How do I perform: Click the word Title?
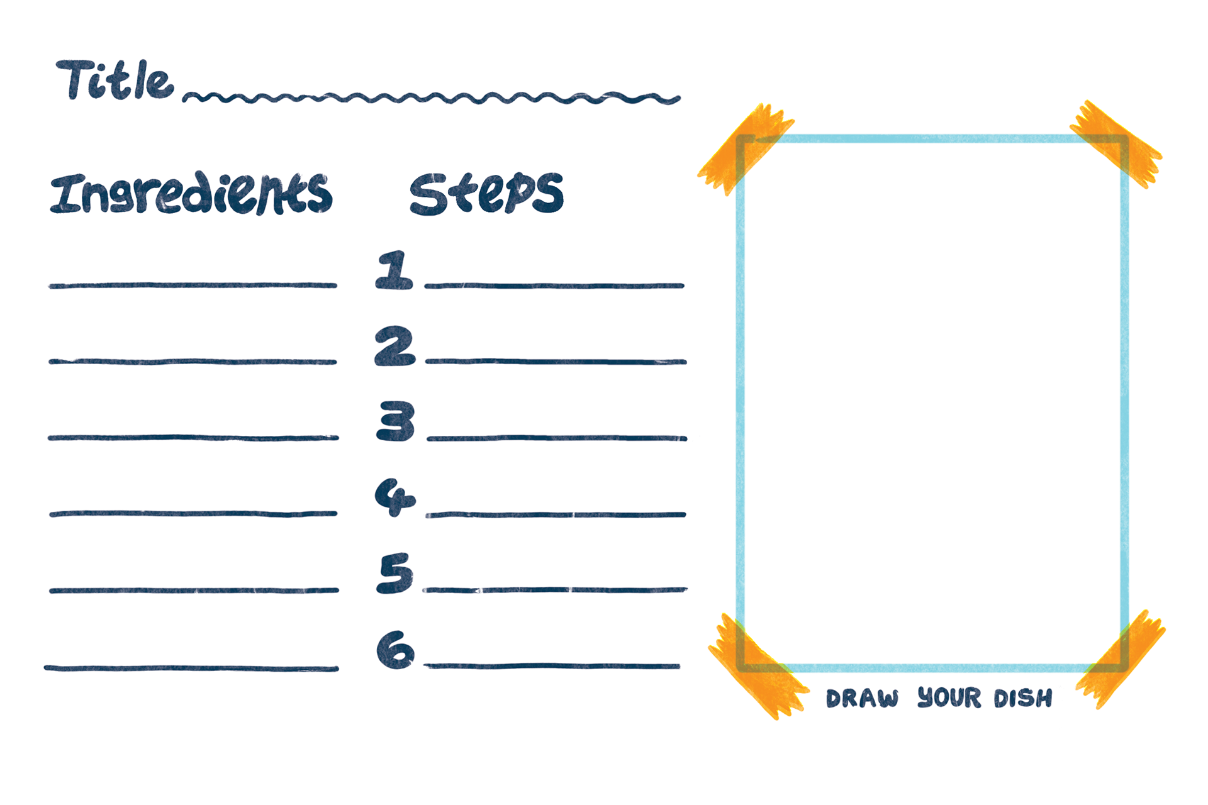(x=115, y=80)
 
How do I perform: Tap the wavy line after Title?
(x=432, y=98)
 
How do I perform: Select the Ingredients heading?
(x=191, y=193)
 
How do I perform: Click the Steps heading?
(x=486, y=194)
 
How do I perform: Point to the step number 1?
(x=394, y=270)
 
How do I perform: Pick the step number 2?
(x=394, y=346)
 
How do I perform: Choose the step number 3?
(x=396, y=421)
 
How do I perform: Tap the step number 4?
(x=394, y=497)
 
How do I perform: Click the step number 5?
(x=395, y=573)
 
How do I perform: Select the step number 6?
(x=395, y=650)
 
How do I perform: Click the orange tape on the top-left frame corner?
(x=746, y=148)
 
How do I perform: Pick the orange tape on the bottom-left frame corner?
(x=758, y=667)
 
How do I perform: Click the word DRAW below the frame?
(x=862, y=699)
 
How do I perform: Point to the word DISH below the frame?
(x=1022, y=698)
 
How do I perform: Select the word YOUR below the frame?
(x=949, y=697)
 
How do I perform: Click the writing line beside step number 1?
(x=554, y=286)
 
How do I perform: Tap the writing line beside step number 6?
(x=552, y=665)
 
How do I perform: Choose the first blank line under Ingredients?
(x=193, y=286)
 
